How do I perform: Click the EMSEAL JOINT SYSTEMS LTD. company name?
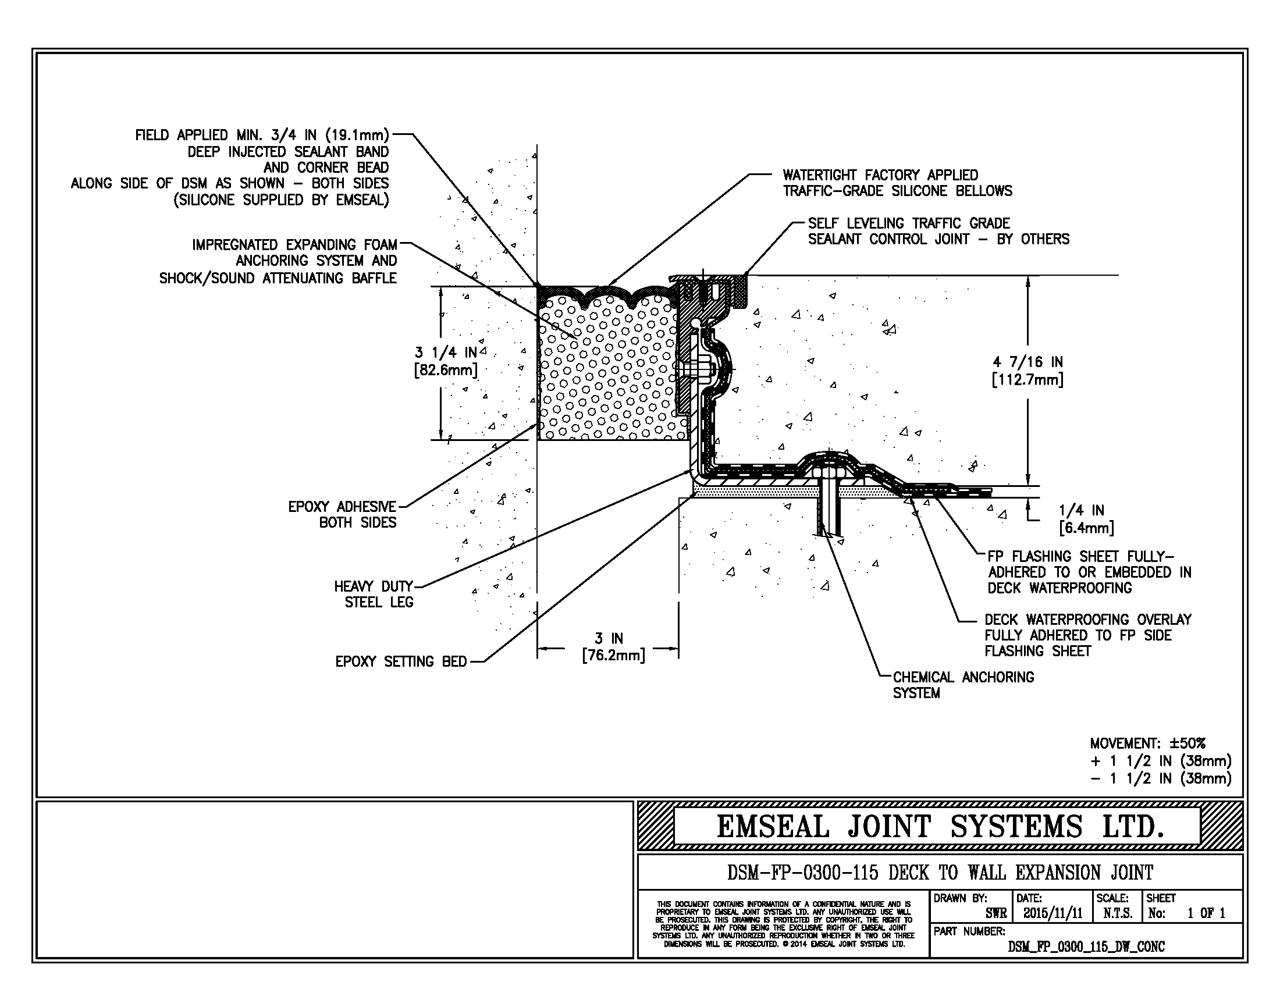pyautogui.click(x=940, y=827)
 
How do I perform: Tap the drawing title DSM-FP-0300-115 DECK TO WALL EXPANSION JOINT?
pyautogui.click(x=940, y=873)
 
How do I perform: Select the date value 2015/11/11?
pyautogui.click(x=1053, y=913)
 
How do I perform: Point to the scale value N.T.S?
pyautogui.click(x=1117, y=913)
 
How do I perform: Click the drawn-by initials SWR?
pyautogui.click(x=995, y=913)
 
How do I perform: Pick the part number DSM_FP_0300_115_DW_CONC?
pyautogui.click(x=1086, y=946)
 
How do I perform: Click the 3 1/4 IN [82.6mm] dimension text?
pyautogui.click(x=446, y=361)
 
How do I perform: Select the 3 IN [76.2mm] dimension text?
pyautogui.click(x=613, y=647)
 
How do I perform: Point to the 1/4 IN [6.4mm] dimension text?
pyautogui.click(x=1086, y=519)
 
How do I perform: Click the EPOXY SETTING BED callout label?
pyautogui.click(x=401, y=661)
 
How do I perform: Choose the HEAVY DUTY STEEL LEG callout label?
pyautogui.click(x=375, y=594)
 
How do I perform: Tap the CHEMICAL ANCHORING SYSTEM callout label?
pyautogui.click(x=963, y=685)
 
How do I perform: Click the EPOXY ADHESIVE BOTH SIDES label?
pyautogui.click(x=342, y=514)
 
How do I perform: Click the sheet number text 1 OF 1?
pyautogui.click(x=1206, y=913)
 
